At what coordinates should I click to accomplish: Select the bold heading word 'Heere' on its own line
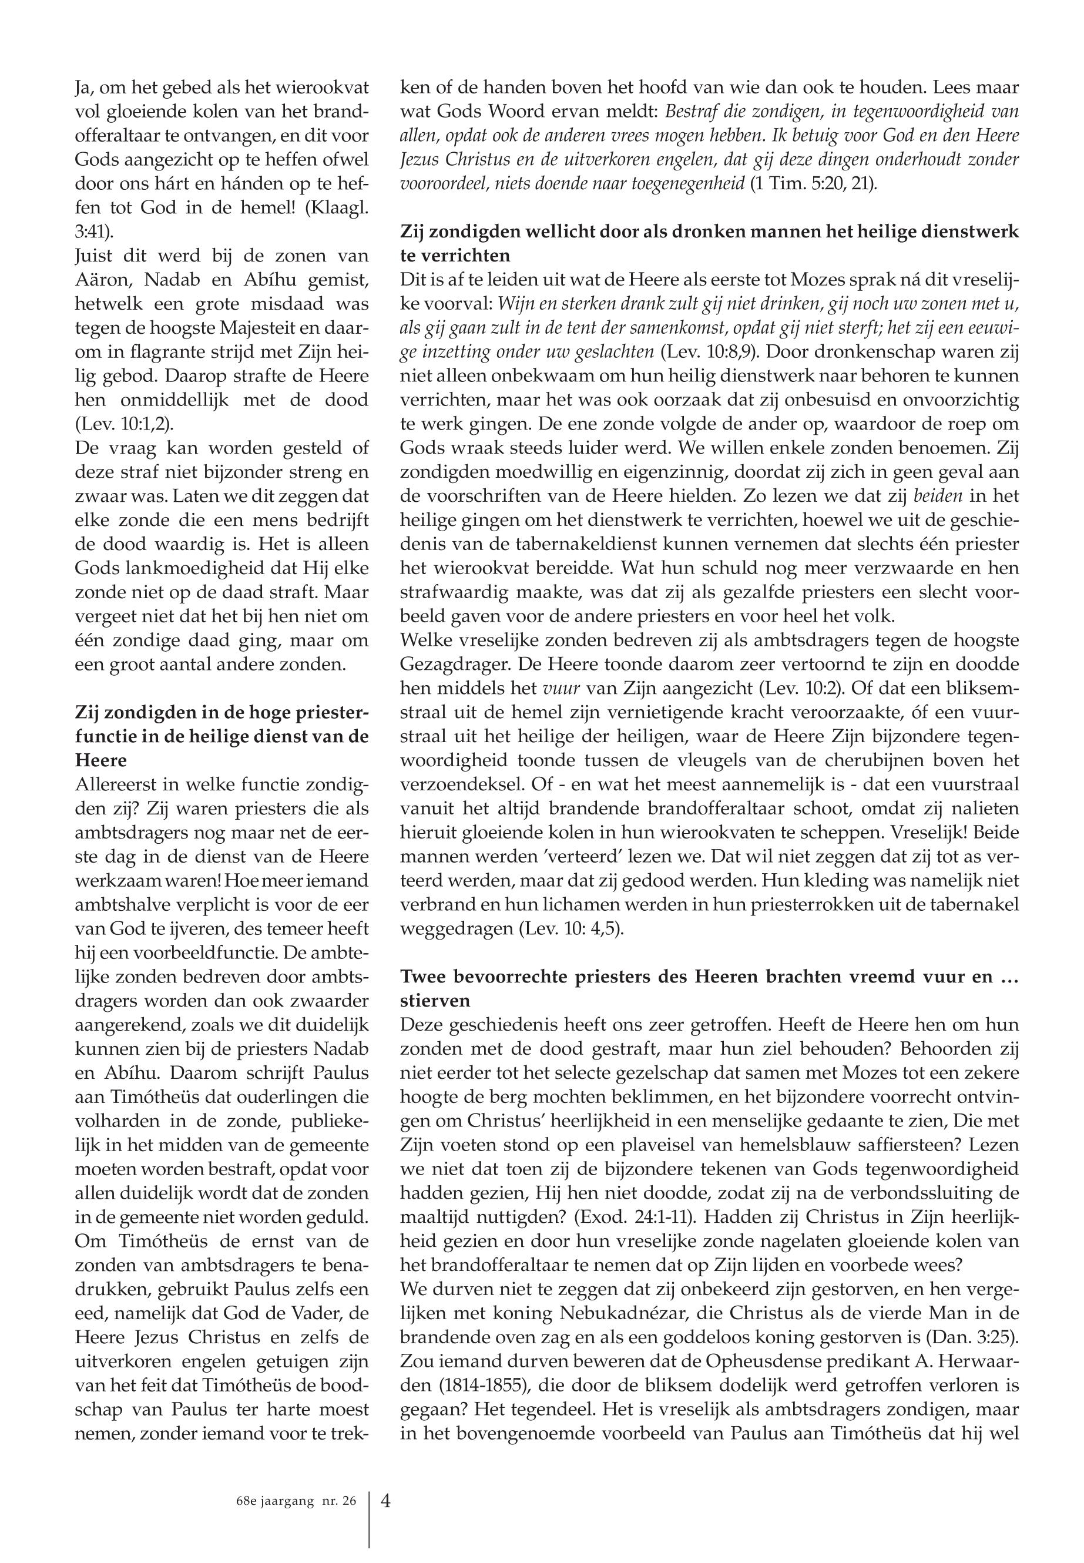coord(100,759)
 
